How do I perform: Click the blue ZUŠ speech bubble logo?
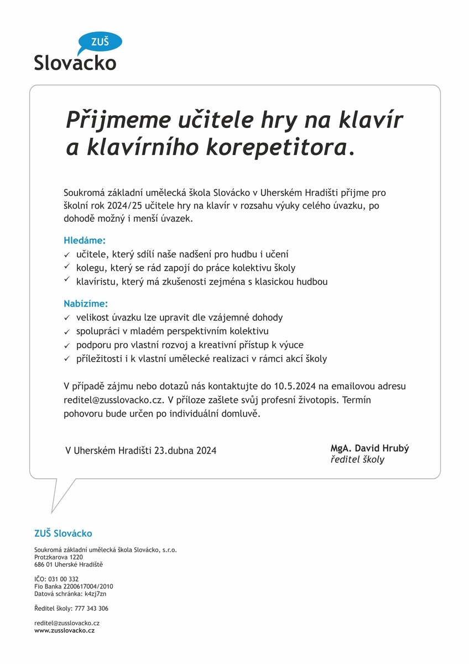coord(100,42)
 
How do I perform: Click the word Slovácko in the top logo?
coord(75,62)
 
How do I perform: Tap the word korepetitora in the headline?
coord(278,147)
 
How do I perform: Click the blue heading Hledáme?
coord(85,241)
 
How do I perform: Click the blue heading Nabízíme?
coord(86,304)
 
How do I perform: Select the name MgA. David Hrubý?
coord(369,448)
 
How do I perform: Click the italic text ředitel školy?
coord(357,459)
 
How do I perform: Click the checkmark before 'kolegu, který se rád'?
coord(66,268)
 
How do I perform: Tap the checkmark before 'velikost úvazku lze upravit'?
coord(66,318)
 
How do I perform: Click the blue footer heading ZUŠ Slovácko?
coord(63,533)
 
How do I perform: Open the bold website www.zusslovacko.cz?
coord(64,630)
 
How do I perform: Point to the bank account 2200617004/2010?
coord(89,586)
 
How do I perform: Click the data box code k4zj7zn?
coord(95,594)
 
